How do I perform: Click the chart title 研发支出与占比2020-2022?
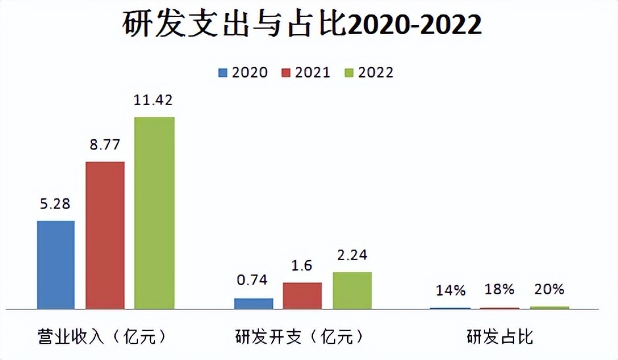coord(302,26)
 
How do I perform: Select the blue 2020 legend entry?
coord(243,72)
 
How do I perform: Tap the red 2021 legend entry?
coord(306,72)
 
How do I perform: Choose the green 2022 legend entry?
coord(369,72)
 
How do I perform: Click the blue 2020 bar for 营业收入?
coord(56,264)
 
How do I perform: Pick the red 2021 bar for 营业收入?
coord(105,235)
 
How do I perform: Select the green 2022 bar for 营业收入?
coord(154,212)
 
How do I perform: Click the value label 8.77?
coord(105,145)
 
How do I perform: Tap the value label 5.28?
coord(56,204)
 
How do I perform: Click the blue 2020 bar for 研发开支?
coord(254,303)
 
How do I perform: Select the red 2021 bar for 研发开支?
coord(302,295)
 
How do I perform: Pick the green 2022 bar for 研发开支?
coord(352,290)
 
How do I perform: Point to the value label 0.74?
coord(253,280)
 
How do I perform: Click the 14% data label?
coord(450,290)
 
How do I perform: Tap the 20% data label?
coord(549,290)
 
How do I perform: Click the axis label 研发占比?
coord(500,338)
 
